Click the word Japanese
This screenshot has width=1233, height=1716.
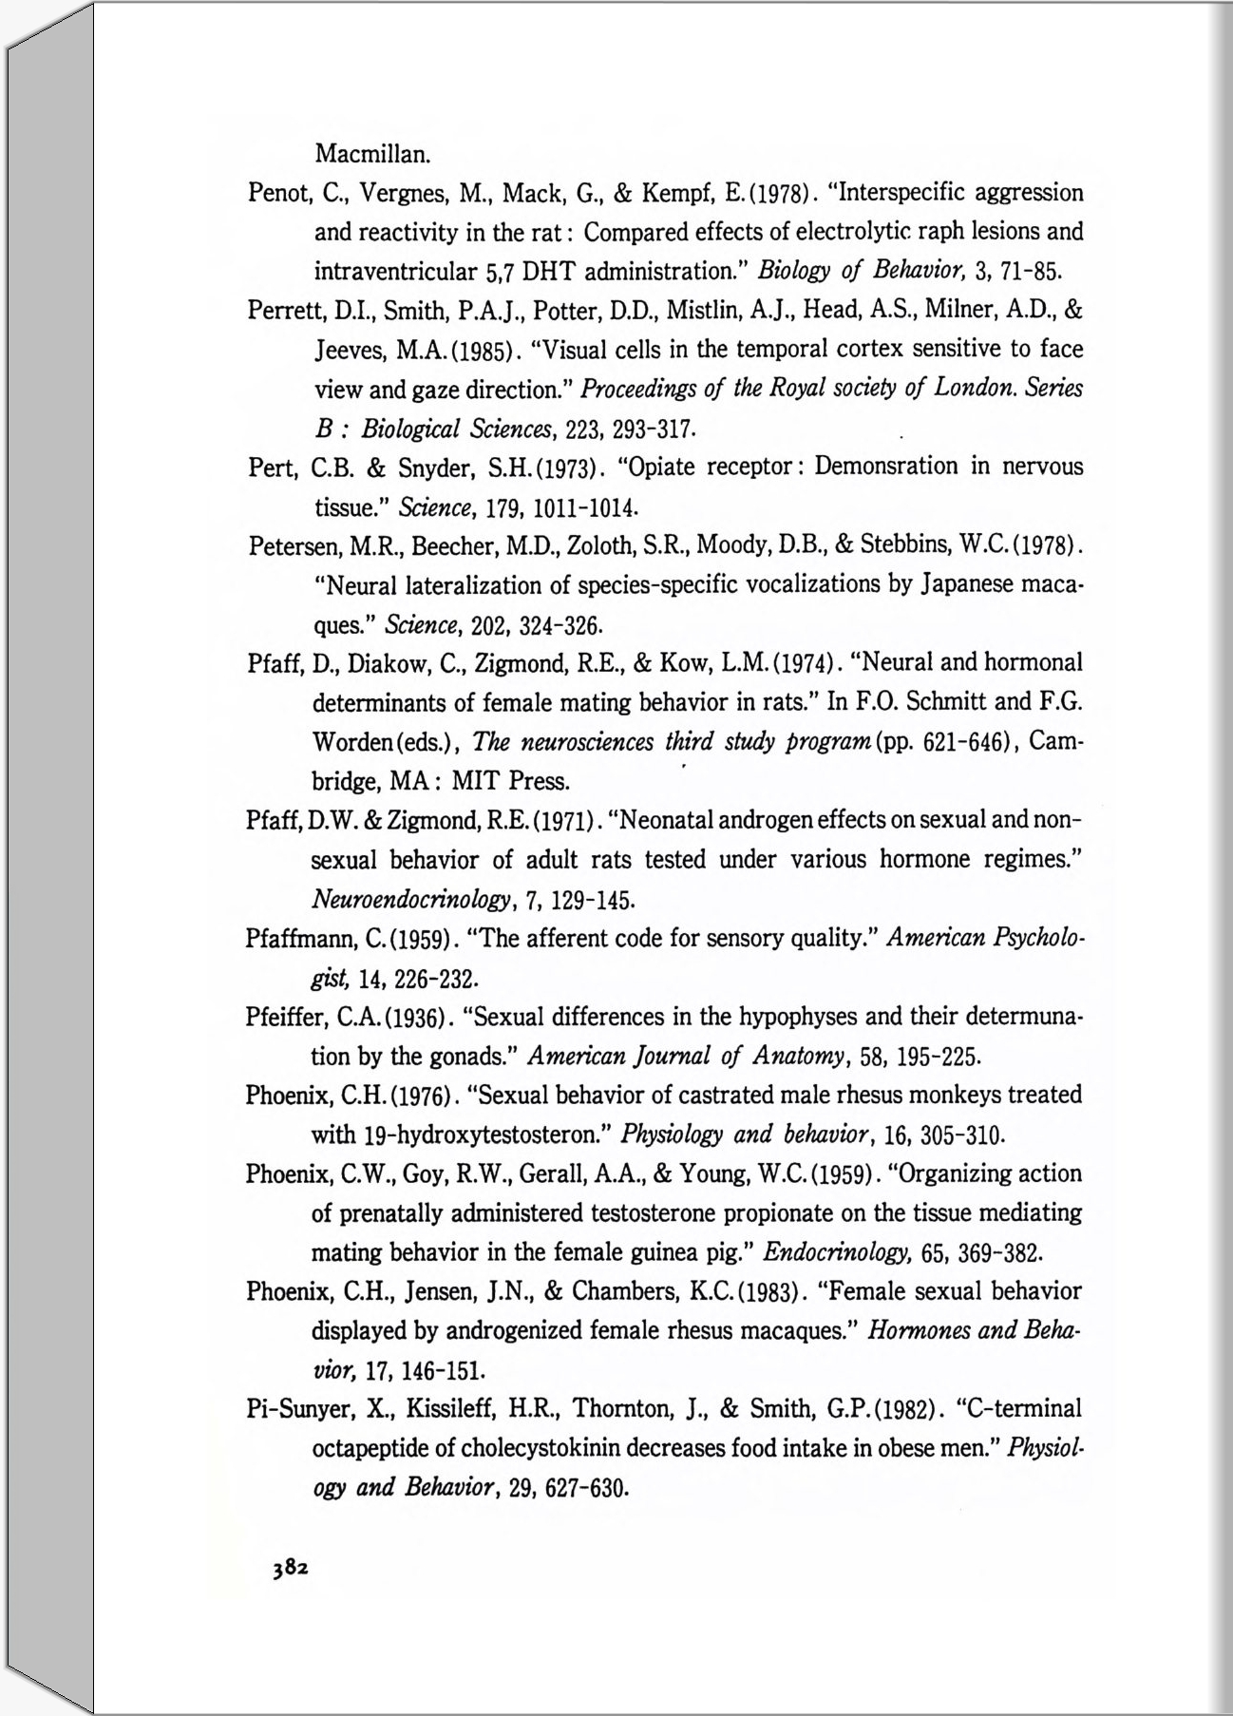coord(968,584)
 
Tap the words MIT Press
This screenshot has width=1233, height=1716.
coord(510,782)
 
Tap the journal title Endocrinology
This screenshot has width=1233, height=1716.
coord(837,1252)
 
